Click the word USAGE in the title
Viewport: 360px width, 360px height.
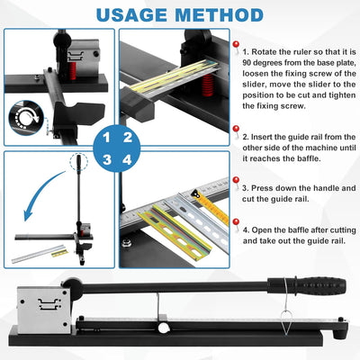[131, 14]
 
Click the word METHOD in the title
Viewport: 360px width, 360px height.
[219, 14]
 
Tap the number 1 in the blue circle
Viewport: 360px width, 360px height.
[106, 138]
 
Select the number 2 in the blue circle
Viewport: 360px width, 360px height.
[128, 138]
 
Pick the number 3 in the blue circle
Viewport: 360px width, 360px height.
[107, 159]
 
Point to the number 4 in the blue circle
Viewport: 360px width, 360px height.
[127, 159]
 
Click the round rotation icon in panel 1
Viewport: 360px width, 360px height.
[26, 117]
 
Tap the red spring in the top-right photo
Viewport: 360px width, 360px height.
[208, 85]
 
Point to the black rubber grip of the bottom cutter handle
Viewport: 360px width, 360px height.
[307, 286]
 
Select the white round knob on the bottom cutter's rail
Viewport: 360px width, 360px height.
[164, 327]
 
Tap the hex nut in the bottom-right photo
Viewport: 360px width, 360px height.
[126, 241]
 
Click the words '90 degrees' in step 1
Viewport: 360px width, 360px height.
[262, 63]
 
